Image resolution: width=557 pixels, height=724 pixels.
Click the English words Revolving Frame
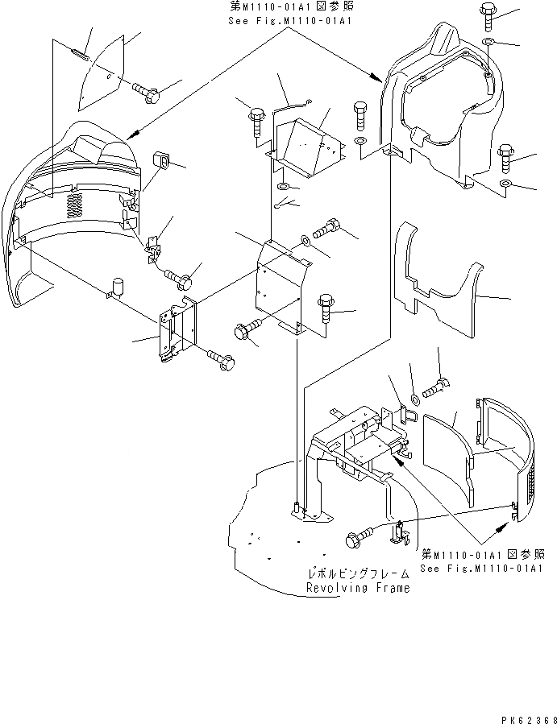358,588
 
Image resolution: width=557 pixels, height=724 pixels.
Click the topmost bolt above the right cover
489,12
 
